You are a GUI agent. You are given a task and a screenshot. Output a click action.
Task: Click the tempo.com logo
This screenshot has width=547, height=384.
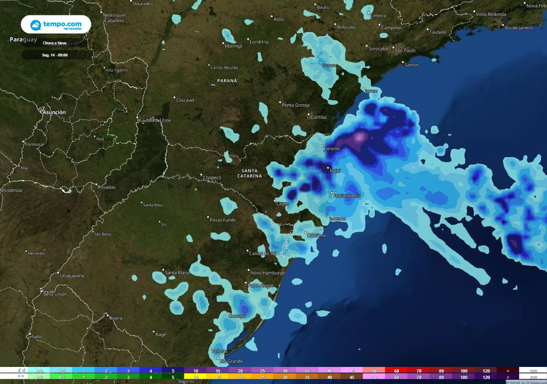click(x=56, y=25)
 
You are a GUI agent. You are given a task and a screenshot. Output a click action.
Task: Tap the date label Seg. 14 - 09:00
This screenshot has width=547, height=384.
click(x=55, y=55)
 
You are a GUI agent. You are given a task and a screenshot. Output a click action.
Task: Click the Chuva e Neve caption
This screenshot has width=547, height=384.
click(x=55, y=42)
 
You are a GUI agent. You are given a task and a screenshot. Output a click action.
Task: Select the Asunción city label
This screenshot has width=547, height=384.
click(x=54, y=113)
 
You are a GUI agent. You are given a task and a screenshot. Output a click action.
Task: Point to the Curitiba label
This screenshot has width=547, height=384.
click(x=318, y=117)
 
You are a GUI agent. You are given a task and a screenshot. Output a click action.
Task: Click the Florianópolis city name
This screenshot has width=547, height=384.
click(x=347, y=196)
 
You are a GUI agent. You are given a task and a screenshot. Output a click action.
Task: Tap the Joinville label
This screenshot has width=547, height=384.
click(x=332, y=149)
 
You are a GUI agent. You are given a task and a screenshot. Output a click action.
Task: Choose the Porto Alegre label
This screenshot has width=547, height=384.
click(x=261, y=286)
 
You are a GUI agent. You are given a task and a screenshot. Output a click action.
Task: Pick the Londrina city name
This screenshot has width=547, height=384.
click(x=259, y=42)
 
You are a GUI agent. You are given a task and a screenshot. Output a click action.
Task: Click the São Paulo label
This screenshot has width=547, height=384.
click(x=405, y=50)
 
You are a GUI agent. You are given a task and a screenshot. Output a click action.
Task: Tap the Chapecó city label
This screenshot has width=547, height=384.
click(x=212, y=177)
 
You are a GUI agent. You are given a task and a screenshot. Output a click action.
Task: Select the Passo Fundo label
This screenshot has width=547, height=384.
click(x=222, y=220)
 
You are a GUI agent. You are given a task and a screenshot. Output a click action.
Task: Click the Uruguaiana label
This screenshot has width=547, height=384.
click(x=73, y=275)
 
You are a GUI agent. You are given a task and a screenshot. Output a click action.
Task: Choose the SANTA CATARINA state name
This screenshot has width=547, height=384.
click(x=250, y=172)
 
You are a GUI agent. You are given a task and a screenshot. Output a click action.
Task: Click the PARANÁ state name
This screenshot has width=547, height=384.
click(x=227, y=81)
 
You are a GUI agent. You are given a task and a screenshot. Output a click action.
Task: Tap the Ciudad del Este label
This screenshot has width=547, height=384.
click(x=155, y=120)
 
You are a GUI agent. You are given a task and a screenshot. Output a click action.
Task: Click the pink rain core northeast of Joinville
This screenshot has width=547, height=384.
click(x=359, y=138)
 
